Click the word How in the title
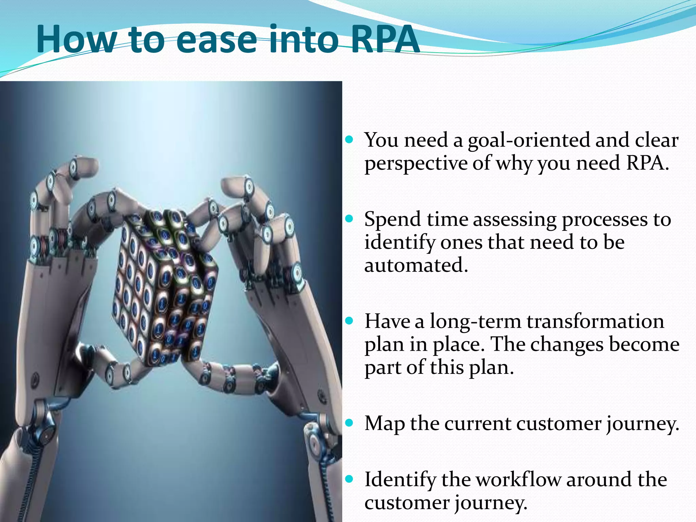(76, 39)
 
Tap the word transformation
(595, 321)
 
